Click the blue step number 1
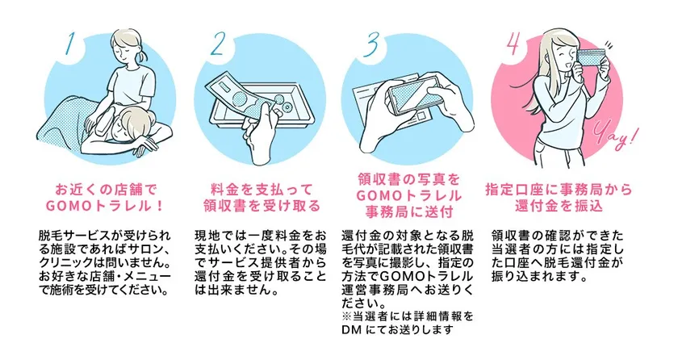click(69, 45)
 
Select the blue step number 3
click(370, 45)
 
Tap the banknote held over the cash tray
click(242, 95)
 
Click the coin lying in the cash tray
click(287, 106)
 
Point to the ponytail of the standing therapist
click(143, 55)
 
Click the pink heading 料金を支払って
click(262, 190)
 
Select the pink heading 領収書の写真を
click(408, 179)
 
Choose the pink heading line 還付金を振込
click(559, 206)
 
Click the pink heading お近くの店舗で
click(106, 190)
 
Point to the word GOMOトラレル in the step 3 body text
click(426, 276)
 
